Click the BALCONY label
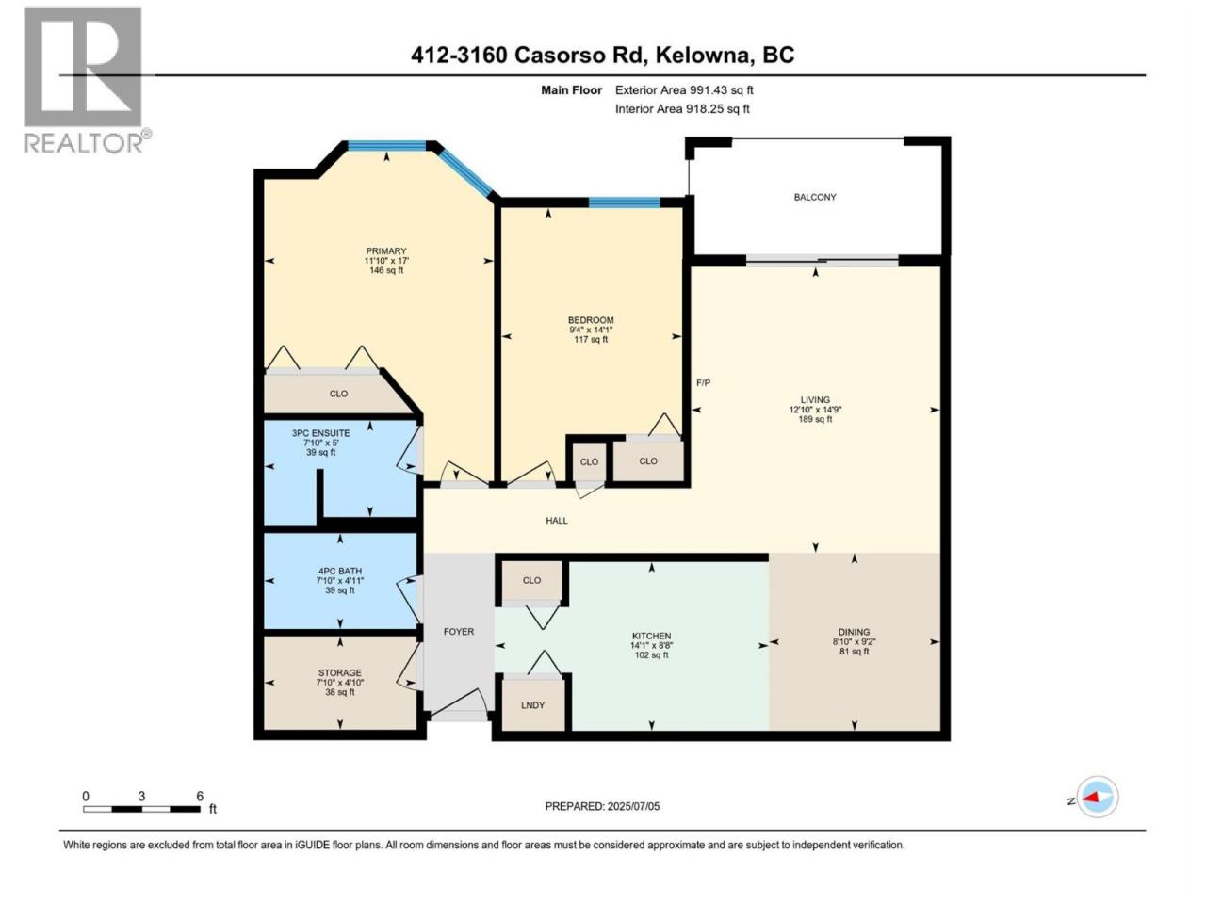click(814, 197)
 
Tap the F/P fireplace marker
click(703, 382)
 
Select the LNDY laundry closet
click(532, 705)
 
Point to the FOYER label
click(458, 632)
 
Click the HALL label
click(557, 521)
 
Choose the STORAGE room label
click(339, 673)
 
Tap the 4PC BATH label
click(340, 571)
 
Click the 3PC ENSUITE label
click(321, 433)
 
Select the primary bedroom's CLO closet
click(338, 394)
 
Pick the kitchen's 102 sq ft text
click(652, 655)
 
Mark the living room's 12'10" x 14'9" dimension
click(815, 410)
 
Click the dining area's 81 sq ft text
click(854, 652)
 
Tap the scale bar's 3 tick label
click(141, 796)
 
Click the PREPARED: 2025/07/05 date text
click(602, 806)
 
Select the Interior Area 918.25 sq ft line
click(682, 108)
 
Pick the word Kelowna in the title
click(703, 56)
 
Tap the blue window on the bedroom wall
click(624, 202)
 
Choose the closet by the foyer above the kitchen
click(531, 580)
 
